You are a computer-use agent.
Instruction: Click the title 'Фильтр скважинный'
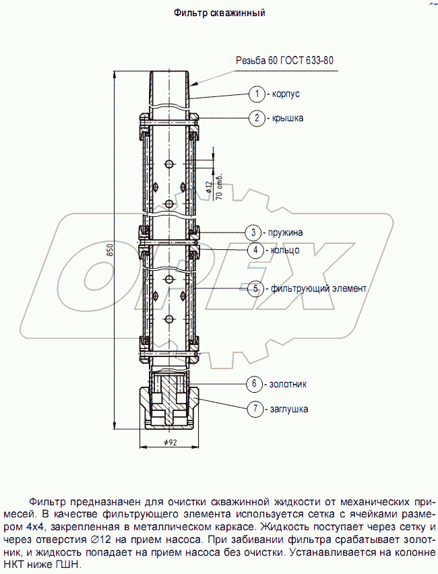[x=219, y=12]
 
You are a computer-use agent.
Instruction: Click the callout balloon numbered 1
[x=256, y=94]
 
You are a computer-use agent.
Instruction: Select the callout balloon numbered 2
[x=256, y=118]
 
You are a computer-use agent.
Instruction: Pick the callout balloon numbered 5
[x=255, y=288]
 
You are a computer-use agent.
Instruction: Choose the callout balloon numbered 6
[x=254, y=384]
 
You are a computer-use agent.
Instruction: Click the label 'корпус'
[x=286, y=94]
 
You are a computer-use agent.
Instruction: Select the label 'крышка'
[x=288, y=118]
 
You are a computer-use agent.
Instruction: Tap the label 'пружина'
[x=284, y=232]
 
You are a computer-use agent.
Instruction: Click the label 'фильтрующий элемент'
[x=319, y=288]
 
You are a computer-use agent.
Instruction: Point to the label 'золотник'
[x=288, y=384]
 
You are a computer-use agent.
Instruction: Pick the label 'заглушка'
[x=290, y=408]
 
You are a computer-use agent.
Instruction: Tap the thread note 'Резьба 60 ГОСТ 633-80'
[x=284, y=60]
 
